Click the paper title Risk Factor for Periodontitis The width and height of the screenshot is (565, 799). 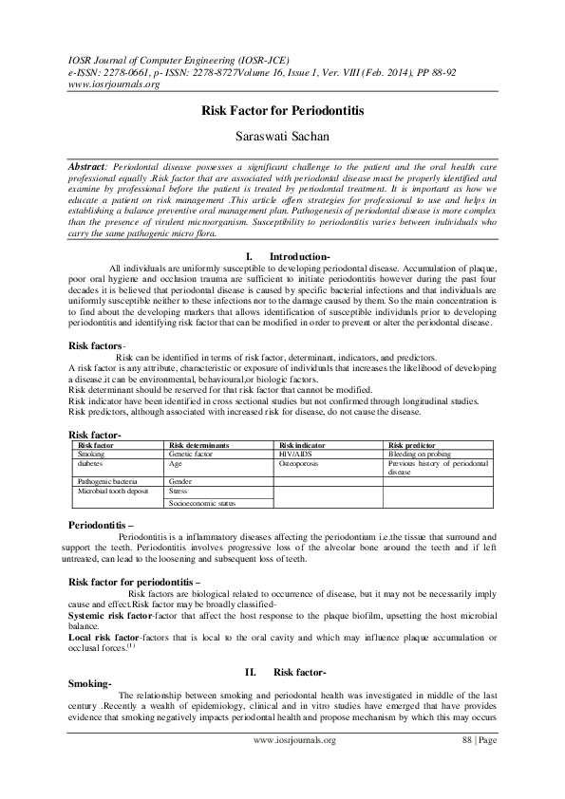[x=282, y=110]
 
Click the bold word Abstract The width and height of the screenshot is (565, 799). [x=92, y=166]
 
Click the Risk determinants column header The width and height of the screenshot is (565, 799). [x=198, y=444]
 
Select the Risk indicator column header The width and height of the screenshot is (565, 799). [x=302, y=444]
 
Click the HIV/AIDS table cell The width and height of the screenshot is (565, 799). [x=296, y=455]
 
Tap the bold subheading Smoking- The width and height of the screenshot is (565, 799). [x=90, y=684]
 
